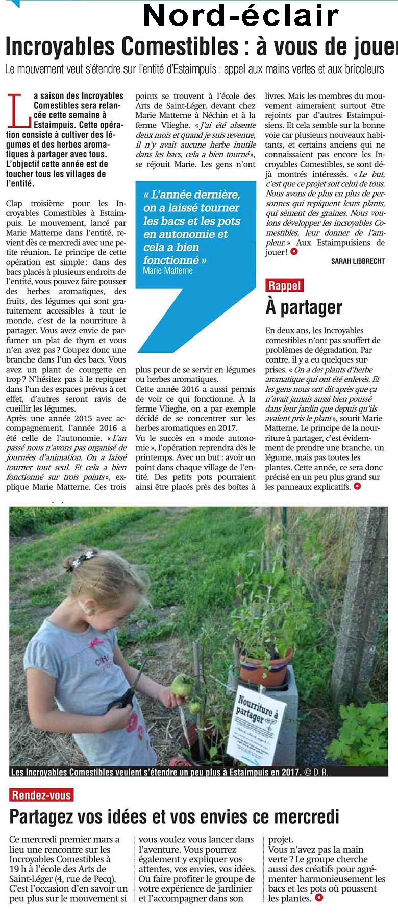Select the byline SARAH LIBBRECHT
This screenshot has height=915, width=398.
click(x=358, y=261)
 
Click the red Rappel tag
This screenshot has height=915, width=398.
click(x=285, y=285)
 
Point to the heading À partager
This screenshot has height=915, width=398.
click(x=304, y=307)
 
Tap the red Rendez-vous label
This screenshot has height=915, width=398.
click(x=41, y=795)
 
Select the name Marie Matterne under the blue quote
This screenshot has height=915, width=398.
click(x=168, y=271)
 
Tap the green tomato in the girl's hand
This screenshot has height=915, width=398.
click(x=182, y=685)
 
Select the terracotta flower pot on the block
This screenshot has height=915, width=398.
click(x=265, y=664)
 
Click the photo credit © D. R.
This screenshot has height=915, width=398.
click(x=316, y=773)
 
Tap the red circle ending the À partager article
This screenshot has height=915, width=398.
click(x=357, y=486)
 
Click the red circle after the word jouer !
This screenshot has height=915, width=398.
click(x=293, y=252)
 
